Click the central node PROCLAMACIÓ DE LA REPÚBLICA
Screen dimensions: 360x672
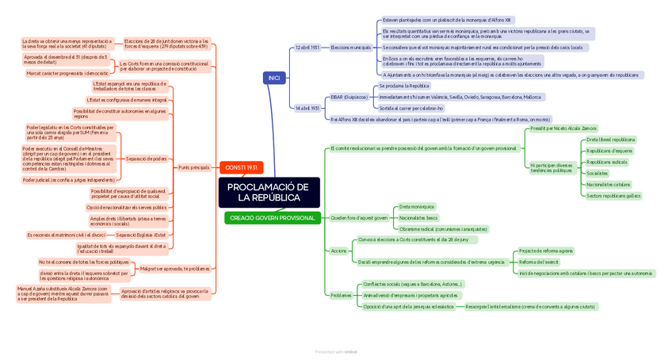[269, 193]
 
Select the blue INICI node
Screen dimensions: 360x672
[274, 78]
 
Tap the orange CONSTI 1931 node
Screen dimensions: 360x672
[241, 167]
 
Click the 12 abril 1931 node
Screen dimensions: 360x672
[307, 48]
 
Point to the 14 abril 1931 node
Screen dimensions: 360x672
[307, 108]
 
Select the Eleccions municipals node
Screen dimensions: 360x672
[350, 48]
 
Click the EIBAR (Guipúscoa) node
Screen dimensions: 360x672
[349, 97]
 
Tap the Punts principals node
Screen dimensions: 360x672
[194, 167]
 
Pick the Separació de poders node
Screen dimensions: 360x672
[147, 159]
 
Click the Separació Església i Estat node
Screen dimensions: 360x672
[141, 235]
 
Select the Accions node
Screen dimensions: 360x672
[338, 251]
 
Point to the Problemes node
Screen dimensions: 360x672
[341, 295]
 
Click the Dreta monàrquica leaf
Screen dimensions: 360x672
[417, 207]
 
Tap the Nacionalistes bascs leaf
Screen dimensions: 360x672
[418, 218]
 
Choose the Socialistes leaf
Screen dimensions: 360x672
[598, 173]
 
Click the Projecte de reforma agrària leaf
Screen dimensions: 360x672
[546, 251]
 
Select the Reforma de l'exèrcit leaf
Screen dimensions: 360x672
[539, 262]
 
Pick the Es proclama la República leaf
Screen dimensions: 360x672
[404, 86]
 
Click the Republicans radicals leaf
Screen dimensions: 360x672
[607, 162]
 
